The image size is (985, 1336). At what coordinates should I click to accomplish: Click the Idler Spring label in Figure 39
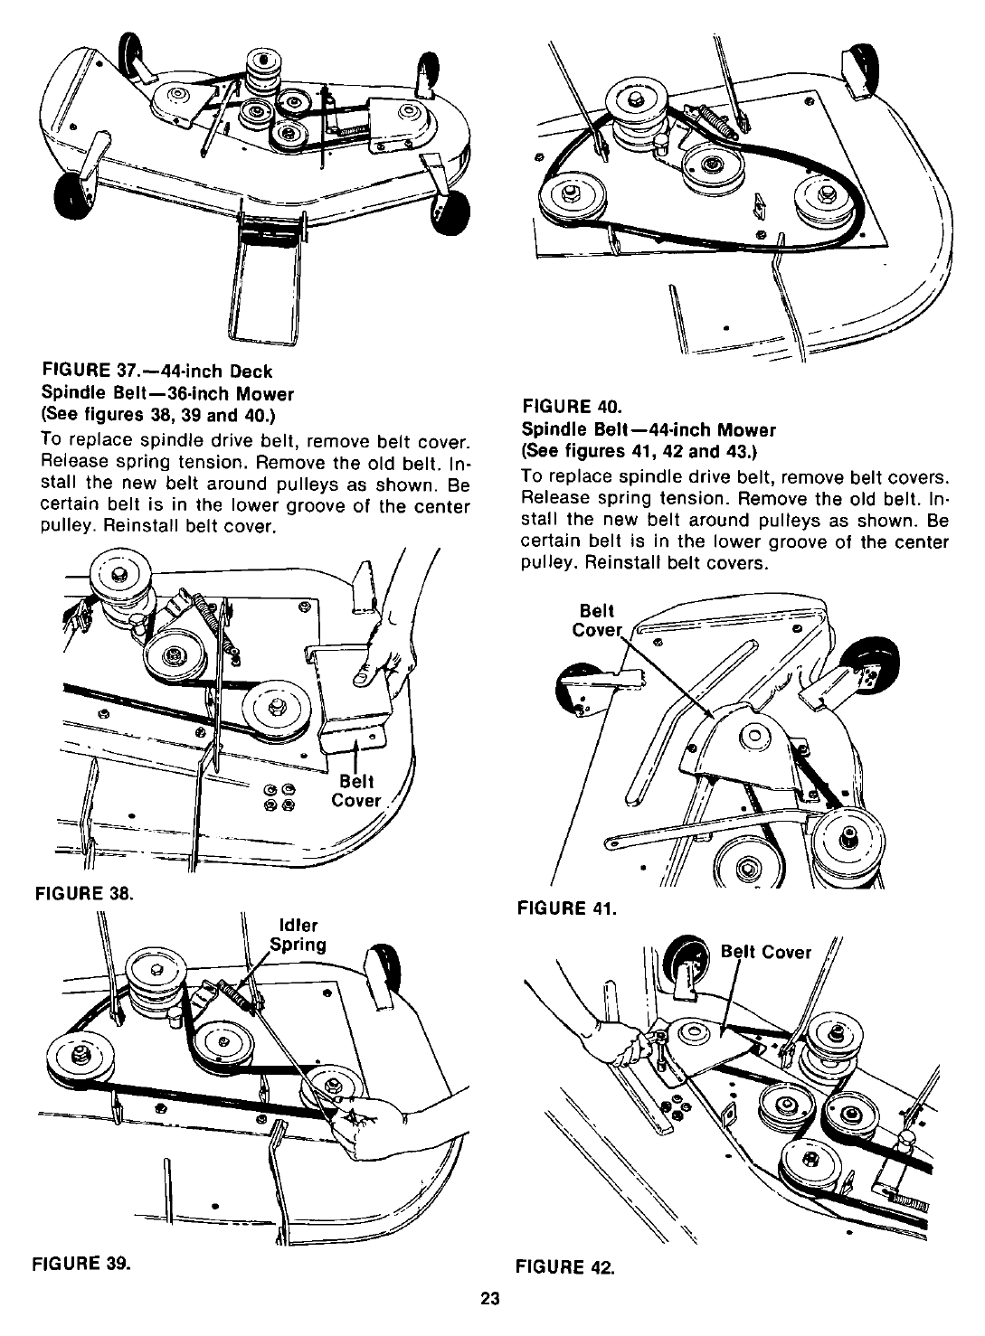pos(300,936)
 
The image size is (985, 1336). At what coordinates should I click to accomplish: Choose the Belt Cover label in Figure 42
pos(765,952)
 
